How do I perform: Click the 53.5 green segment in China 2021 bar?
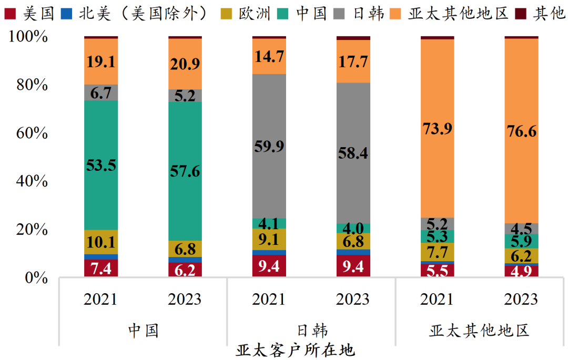tap(101, 165)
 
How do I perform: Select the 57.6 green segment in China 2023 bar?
tap(185, 171)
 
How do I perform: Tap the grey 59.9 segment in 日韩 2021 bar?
tap(269, 146)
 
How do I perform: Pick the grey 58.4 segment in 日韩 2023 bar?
tap(353, 153)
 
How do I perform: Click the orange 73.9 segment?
tap(438, 128)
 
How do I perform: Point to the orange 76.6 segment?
tap(522, 131)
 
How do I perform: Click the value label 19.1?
tap(101, 62)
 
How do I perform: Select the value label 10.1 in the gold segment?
tap(101, 242)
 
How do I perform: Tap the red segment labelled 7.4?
tap(101, 269)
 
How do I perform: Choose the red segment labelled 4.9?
tap(522, 272)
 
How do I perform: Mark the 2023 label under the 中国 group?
tap(185, 299)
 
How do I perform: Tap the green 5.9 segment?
tap(522, 241)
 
